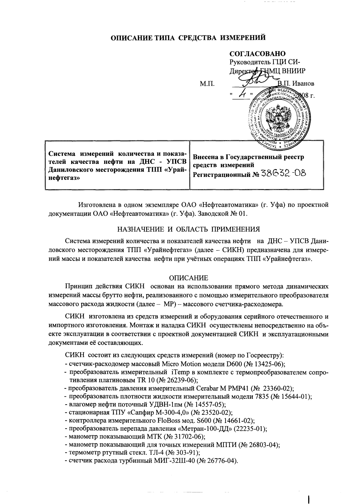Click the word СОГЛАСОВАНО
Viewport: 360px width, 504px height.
257,53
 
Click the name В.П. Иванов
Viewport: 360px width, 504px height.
295,83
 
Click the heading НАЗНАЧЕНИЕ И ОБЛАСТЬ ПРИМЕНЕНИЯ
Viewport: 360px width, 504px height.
189,229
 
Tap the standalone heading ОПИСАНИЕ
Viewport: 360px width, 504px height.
189,278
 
